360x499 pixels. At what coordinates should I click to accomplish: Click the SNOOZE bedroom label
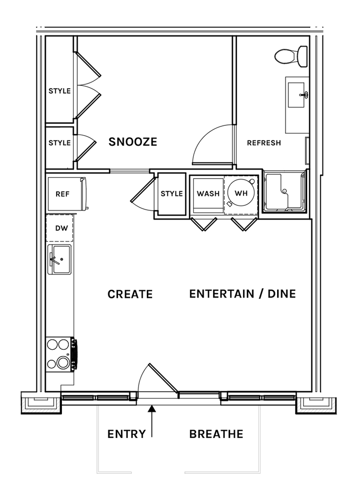click(133, 141)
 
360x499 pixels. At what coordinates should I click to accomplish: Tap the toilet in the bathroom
click(291, 56)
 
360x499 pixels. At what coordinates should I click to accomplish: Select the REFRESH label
click(264, 143)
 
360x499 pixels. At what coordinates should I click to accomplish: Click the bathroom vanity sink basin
click(297, 95)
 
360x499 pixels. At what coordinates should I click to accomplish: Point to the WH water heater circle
click(241, 193)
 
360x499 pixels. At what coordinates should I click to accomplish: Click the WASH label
click(208, 194)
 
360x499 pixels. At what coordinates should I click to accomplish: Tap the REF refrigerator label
click(62, 194)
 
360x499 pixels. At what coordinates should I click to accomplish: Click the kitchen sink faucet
click(55, 259)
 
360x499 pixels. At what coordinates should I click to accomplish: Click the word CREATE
click(130, 294)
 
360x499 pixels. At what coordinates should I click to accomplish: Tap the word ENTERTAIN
click(222, 294)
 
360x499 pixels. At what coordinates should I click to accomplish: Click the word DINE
click(281, 294)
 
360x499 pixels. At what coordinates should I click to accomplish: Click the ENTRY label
click(126, 434)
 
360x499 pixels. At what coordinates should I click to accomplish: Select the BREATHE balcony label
click(216, 434)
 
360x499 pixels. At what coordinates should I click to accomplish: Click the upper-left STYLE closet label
click(60, 91)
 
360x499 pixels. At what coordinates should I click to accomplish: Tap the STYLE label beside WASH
click(172, 194)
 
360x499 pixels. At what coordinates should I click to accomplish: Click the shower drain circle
click(284, 191)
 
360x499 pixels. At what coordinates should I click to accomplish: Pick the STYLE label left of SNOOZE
click(60, 143)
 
